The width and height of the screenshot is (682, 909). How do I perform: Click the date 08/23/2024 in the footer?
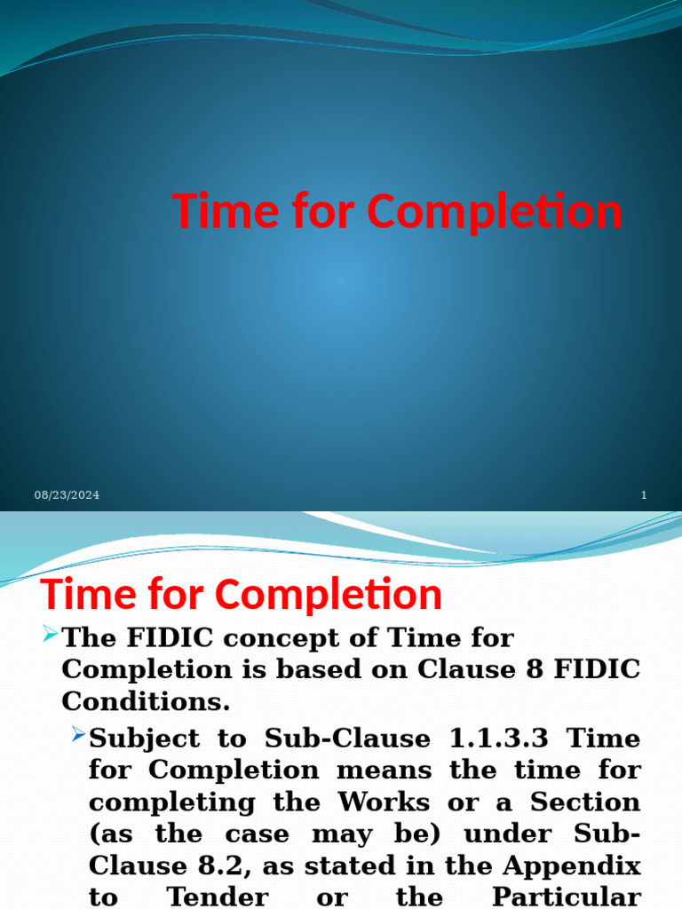click(x=67, y=495)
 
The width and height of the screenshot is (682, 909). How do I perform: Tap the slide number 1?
click(x=644, y=495)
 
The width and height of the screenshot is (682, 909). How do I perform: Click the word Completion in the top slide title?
click(x=494, y=212)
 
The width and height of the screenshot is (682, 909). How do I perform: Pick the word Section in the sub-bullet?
click(x=585, y=802)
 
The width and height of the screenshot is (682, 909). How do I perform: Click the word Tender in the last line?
click(x=218, y=897)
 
